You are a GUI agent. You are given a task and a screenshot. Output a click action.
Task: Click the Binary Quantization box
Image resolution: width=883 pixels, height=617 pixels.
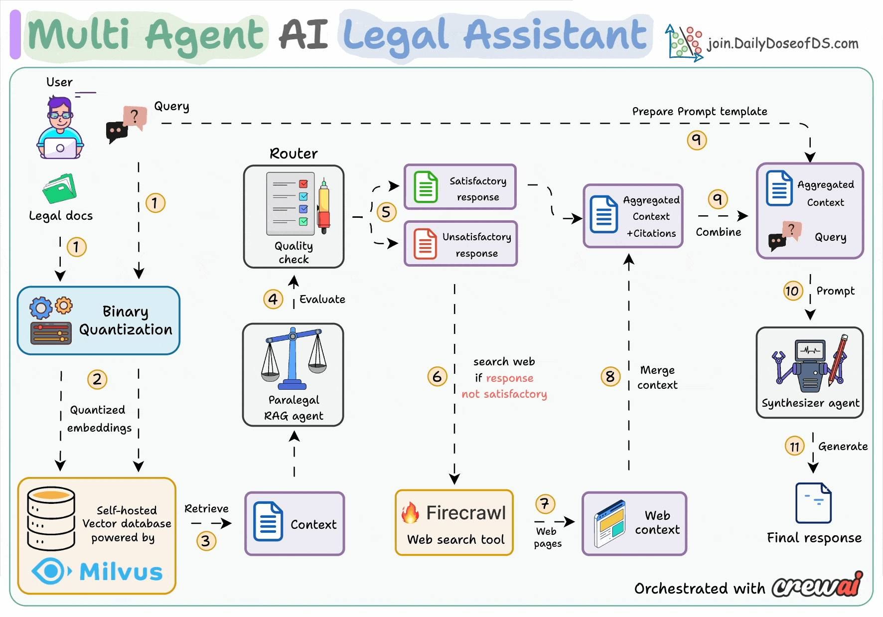tap(99, 320)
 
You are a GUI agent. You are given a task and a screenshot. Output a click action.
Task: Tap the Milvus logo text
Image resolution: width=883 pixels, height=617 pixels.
tap(121, 572)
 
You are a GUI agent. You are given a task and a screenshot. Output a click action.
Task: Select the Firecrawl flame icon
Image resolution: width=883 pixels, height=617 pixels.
tap(411, 513)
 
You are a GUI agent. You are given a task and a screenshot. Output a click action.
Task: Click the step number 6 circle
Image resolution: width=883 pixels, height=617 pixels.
tap(437, 376)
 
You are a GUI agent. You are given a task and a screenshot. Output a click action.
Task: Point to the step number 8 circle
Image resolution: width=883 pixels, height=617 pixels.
tap(610, 376)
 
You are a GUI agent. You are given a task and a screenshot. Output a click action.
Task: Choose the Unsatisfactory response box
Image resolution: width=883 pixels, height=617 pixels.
tap(460, 244)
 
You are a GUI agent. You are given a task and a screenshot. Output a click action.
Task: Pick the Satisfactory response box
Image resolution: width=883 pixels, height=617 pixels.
tap(460, 187)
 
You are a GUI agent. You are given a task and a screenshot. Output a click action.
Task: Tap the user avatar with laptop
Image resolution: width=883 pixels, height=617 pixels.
tap(60, 129)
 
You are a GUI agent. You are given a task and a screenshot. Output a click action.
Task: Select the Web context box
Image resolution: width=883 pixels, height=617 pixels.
tap(634, 523)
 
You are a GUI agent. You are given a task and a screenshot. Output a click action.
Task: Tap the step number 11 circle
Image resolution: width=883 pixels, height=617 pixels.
tap(795, 446)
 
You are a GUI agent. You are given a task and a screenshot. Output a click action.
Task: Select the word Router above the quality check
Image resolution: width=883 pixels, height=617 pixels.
tap(294, 154)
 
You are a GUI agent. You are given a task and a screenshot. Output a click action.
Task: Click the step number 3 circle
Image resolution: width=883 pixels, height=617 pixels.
tap(206, 541)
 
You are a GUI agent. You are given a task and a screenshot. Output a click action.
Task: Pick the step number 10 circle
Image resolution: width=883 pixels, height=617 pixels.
tap(792, 291)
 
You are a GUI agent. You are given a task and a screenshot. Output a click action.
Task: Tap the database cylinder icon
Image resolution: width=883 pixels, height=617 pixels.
tap(51, 518)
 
